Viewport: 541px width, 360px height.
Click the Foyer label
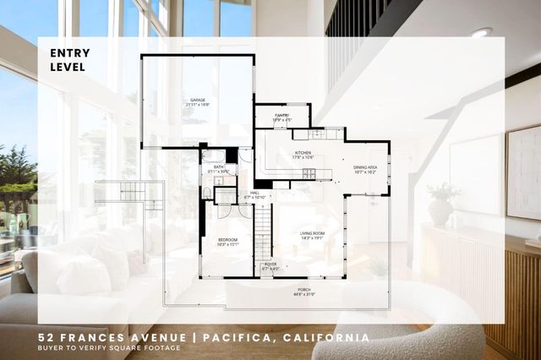pos(270,266)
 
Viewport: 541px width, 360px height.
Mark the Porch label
pos(303,291)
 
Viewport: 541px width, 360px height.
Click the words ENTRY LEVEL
pos(68,60)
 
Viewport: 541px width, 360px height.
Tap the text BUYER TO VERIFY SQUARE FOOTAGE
pos(109,348)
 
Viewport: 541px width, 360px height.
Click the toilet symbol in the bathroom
pos(206,194)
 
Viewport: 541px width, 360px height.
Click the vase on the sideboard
pos(440,209)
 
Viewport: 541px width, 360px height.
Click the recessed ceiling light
pos(481,32)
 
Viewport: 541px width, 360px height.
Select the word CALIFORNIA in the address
pos(325,337)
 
